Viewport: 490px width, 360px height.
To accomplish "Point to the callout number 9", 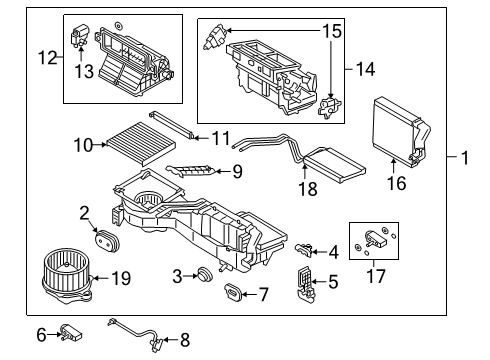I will pyautogui.click(x=237, y=172).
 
